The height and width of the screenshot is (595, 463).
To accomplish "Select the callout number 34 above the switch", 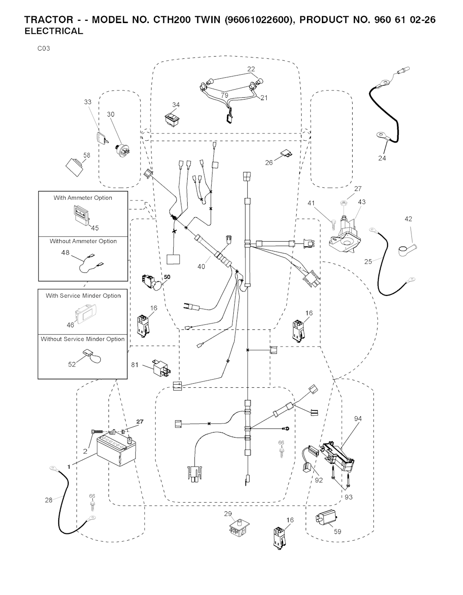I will coord(176,105).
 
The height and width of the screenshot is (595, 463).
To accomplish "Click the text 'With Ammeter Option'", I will coord(83,198).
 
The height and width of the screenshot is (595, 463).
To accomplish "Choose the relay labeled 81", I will coord(161,368).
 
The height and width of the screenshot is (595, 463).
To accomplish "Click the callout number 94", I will coord(358,419).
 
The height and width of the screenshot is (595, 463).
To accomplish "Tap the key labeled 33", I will coord(102,137).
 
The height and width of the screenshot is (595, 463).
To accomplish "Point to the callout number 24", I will coord(382,158).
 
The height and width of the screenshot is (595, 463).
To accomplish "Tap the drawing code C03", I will coord(43,48).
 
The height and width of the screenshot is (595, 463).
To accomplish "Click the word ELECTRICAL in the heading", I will coord(54,32).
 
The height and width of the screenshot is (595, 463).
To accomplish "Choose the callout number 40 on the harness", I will coord(201,267).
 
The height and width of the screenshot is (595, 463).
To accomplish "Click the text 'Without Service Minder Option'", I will coord(83,339).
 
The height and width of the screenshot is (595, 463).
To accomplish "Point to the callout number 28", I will coord(48,500).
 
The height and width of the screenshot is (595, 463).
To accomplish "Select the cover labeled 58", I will coord(75,167).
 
